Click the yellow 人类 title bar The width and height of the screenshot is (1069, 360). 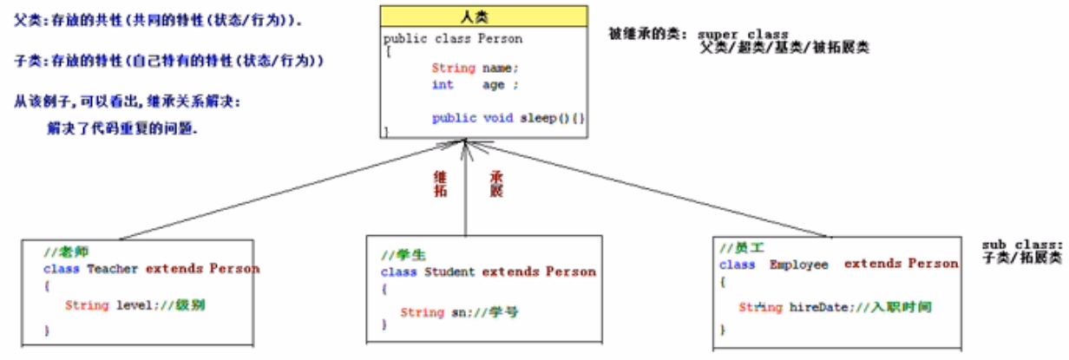(x=483, y=17)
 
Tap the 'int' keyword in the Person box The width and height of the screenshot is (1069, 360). (x=443, y=85)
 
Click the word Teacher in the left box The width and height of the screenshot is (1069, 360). (x=112, y=269)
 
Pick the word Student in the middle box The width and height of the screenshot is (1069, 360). (x=449, y=272)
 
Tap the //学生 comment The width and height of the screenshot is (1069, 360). (x=402, y=255)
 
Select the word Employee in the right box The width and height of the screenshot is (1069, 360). (x=798, y=265)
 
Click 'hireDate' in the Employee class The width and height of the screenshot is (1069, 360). (x=813, y=307)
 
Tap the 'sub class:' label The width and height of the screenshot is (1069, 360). (x=1023, y=245)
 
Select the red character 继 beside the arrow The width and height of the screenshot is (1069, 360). (x=440, y=176)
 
